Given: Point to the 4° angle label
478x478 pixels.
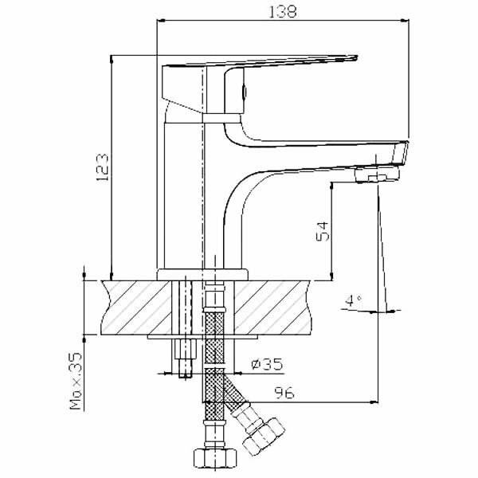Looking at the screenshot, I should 351,300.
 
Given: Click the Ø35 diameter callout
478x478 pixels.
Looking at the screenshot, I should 266,364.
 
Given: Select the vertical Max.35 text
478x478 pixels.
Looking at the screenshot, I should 76,383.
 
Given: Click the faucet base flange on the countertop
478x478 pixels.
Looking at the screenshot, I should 204,273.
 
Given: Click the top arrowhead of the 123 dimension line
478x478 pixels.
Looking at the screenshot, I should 111,61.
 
